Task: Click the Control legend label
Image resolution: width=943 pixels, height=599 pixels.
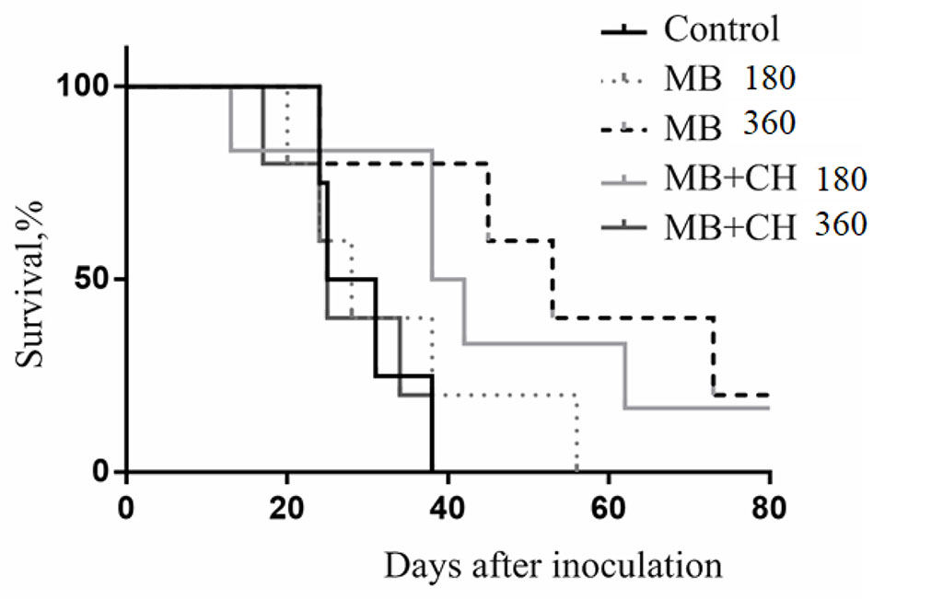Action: coord(722,29)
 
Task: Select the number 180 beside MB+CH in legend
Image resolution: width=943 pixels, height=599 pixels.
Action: coord(840,179)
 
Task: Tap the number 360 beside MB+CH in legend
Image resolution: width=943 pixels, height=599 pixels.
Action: coord(840,223)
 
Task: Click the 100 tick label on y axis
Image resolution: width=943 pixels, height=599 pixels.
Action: coord(87,86)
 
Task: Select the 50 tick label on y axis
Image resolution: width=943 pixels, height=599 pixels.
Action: coord(96,279)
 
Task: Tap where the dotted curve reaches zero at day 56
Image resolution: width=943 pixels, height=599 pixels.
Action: coord(576,470)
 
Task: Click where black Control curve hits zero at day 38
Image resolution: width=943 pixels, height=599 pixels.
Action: coord(431,470)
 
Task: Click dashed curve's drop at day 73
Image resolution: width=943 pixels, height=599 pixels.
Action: coord(714,357)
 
